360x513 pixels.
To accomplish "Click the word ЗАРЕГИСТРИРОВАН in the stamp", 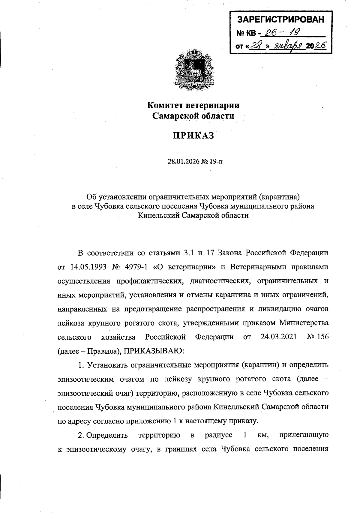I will coord(281,20).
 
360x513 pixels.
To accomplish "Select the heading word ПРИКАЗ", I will coord(193,136).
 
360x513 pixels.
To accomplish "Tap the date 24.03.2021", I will coord(279,337).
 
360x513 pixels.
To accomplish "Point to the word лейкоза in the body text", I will coord(71,323).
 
